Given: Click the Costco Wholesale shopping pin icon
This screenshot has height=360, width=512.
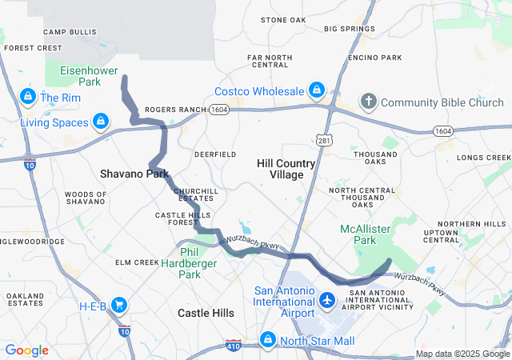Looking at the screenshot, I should click(x=317, y=90).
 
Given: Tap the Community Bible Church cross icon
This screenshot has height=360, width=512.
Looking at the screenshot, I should click(x=368, y=102).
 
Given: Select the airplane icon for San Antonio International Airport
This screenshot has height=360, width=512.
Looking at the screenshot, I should click(x=326, y=301).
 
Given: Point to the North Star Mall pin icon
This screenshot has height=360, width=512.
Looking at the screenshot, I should click(x=267, y=341).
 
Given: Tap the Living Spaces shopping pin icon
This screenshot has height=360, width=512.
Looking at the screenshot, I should click(x=101, y=122).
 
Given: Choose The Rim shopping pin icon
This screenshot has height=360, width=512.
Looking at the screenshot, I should click(x=27, y=98).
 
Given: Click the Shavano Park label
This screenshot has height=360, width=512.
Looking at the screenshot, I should click(x=134, y=173).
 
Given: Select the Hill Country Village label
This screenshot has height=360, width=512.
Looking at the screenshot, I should click(x=286, y=169).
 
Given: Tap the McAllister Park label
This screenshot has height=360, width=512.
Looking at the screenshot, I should click(x=365, y=234).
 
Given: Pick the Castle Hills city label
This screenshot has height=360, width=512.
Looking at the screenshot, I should click(x=206, y=313).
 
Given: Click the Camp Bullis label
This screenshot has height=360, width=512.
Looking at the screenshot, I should click(x=64, y=32).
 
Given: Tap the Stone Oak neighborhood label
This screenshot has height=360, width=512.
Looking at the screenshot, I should click(x=283, y=19).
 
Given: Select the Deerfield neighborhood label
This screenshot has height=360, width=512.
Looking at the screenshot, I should click(x=215, y=154).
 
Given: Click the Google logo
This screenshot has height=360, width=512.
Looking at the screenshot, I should click(x=26, y=350).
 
